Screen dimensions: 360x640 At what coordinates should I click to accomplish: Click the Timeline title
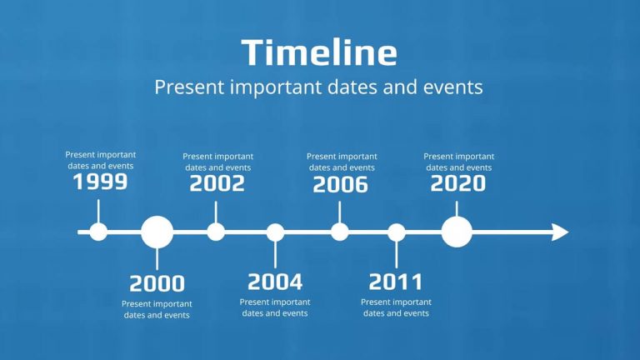point(319,52)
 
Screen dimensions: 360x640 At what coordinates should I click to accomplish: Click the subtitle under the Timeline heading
point(319,87)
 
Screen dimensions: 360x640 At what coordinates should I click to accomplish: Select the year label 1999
point(100,182)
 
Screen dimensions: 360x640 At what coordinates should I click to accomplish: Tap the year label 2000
point(157,283)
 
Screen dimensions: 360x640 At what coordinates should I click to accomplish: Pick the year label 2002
point(217,183)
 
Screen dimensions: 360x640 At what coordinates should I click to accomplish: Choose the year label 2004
point(275,282)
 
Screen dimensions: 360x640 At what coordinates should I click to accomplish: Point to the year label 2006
point(340,185)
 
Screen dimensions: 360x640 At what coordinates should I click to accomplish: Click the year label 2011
point(396,282)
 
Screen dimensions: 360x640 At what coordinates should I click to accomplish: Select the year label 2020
point(457,183)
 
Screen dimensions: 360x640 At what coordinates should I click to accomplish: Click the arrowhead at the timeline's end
point(560,232)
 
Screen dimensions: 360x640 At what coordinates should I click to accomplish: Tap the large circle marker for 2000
point(157,232)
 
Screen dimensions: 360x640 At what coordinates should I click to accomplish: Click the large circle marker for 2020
point(457,232)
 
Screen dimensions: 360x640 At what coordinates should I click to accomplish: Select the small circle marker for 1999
point(98,232)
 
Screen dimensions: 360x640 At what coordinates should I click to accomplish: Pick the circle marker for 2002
point(216,232)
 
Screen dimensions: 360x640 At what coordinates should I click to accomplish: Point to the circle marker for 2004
point(275,232)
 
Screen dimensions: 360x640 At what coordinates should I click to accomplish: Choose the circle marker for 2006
point(340,232)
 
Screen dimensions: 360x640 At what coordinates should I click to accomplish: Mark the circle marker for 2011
point(397,232)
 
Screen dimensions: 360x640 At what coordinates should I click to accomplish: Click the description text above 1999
point(101,160)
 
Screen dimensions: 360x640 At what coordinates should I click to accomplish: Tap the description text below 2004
point(275,307)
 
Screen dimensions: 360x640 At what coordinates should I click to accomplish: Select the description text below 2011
point(396,307)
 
